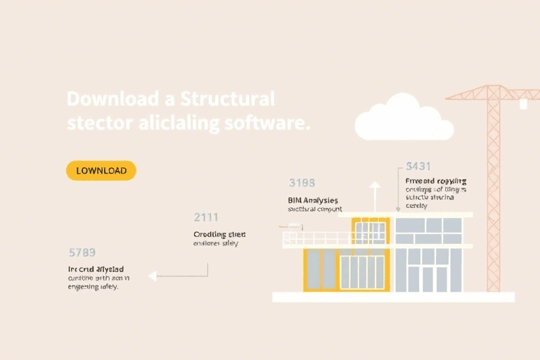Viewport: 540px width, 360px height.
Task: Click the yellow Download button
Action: click(101, 170)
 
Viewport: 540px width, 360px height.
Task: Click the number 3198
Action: click(302, 183)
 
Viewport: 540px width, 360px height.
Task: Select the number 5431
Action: click(419, 167)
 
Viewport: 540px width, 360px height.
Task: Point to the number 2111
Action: click(206, 217)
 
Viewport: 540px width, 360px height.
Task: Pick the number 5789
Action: click(82, 252)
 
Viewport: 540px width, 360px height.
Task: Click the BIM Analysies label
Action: click(314, 200)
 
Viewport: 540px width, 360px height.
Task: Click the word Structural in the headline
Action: click(227, 98)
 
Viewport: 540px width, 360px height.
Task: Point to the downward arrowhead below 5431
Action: click(398, 208)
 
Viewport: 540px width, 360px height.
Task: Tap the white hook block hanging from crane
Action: click(523, 103)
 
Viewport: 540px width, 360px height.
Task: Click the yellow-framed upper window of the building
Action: click(371, 231)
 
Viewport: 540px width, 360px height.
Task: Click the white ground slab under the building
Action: click(393, 297)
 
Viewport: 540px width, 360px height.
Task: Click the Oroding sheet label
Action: click(219, 234)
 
